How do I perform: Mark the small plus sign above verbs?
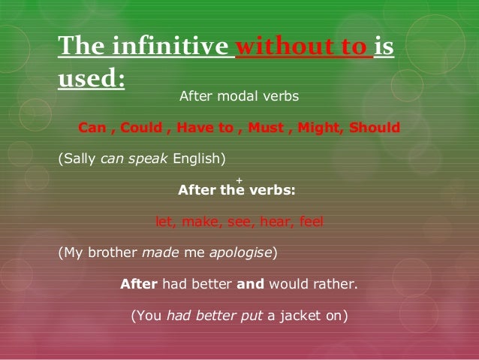(x=239, y=180)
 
